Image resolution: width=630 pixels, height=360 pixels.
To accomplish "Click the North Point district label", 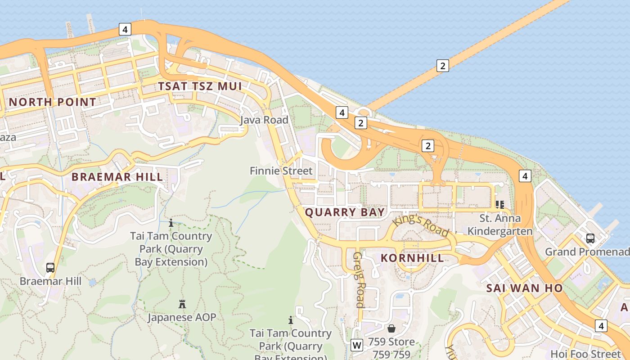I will point(52,102).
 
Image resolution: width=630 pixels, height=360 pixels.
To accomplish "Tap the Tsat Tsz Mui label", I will point(200,86).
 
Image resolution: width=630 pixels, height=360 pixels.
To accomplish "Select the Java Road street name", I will point(264,120).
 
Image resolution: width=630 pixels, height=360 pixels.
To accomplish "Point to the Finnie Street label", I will point(281,171).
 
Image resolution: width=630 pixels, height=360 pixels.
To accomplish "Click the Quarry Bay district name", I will point(345,212).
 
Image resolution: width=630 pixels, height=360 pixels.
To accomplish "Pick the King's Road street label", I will point(420,226).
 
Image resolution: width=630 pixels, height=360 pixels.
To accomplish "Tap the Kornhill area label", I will point(412,258).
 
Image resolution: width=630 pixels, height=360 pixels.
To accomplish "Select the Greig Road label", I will point(358,279).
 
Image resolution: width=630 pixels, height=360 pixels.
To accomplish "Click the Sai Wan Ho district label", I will point(524,288).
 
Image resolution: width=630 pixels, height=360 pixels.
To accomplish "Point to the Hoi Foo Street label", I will point(585,354).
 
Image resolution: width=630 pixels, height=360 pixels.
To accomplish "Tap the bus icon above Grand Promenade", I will point(590,238).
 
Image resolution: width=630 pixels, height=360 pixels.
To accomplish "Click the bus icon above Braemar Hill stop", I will point(50,268).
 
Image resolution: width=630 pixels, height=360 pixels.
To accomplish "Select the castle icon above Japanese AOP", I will point(182,304).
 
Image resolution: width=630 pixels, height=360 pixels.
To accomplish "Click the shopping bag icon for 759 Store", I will point(391,328).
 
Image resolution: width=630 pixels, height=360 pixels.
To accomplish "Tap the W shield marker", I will point(357,345).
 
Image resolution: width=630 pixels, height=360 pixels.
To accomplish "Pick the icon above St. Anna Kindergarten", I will point(499,205).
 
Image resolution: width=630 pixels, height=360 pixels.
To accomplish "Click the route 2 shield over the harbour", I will point(443,66).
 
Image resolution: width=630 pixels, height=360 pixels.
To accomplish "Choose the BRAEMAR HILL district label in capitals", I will point(117,177).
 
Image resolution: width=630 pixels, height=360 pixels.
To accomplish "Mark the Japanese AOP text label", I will point(182,317).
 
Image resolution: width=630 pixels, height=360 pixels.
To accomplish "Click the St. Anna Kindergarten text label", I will point(499,225).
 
